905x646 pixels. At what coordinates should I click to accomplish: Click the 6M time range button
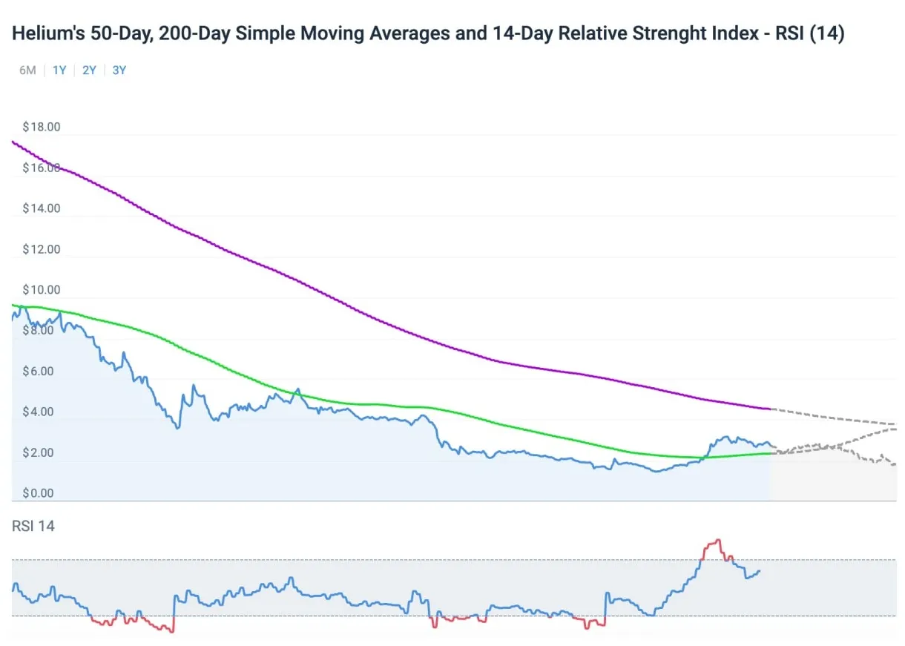coord(27,70)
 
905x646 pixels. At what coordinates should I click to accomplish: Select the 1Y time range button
coord(59,70)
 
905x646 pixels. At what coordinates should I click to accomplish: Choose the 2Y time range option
coord(89,70)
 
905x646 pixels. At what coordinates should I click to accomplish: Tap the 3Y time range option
coord(119,70)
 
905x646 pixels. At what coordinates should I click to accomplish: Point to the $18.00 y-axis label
coord(42,127)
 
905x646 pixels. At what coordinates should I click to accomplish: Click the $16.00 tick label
coord(42,168)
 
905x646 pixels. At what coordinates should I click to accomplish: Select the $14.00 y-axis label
coord(42,208)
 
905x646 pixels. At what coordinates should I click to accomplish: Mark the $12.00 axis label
coord(42,249)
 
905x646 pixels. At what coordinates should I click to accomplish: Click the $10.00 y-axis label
coord(42,290)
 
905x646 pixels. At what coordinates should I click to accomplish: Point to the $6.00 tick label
coord(42,371)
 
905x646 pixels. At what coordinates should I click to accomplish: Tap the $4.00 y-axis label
coord(42,412)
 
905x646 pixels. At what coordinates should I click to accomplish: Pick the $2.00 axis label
coord(42,452)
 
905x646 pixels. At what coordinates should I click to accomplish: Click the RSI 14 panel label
coord(33,526)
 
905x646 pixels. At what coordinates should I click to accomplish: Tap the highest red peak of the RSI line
coord(717,540)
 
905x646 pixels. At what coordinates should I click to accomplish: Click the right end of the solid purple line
coord(771,409)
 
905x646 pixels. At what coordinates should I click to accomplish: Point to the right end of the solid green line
coord(771,453)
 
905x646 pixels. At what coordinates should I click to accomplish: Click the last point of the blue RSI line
coord(760,570)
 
